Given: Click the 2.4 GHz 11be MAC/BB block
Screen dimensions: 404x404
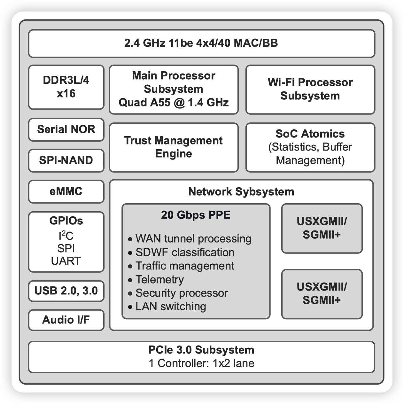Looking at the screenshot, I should click(x=201, y=43).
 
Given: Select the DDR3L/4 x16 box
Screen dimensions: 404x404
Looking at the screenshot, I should click(x=66, y=87).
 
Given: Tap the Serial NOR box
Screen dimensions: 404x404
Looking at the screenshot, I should click(x=66, y=129).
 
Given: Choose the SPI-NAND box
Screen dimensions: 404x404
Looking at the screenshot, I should click(x=66, y=160).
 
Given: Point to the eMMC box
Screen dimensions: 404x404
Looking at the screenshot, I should click(x=66, y=191).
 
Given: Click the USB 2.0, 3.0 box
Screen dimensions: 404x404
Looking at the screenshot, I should click(x=66, y=291).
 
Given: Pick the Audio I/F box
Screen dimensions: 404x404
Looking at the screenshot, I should click(x=66, y=320).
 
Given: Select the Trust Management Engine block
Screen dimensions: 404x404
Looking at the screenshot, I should click(x=174, y=147).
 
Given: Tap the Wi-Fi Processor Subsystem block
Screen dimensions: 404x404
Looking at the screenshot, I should click(x=310, y=89).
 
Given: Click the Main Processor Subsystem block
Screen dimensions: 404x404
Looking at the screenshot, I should click(x=174, y=89).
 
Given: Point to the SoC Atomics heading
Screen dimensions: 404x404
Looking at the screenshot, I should click(x=310, y=134).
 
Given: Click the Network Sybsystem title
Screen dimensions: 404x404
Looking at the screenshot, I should click(x=241, y=192).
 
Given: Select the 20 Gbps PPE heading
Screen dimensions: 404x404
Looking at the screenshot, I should click(x=196, y=215).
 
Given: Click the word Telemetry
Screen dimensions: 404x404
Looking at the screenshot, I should click(x=159, y=280).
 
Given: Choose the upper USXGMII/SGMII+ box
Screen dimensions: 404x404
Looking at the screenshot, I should click(x=322, y=228).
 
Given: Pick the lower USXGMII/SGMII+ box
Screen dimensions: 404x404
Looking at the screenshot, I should click(x=322, y=294).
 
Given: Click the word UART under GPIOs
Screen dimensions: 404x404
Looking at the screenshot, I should click(x=66, y=261).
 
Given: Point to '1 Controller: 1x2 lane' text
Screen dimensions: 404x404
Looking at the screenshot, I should click(x=201, y=363).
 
